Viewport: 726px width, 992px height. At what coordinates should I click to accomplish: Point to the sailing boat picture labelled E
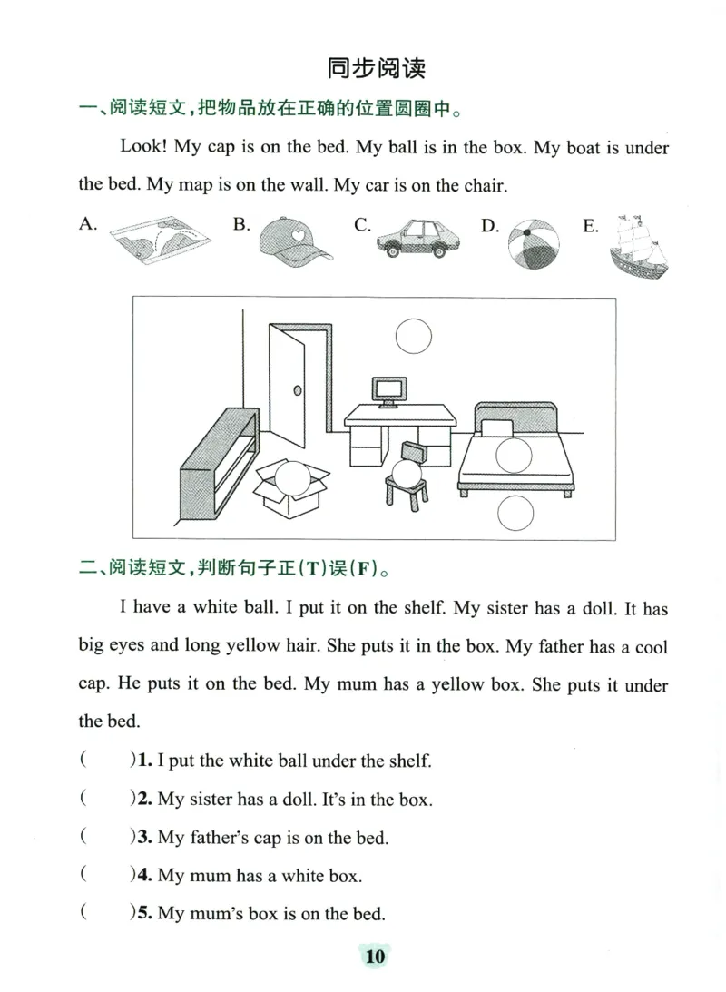click(x=641, y=246)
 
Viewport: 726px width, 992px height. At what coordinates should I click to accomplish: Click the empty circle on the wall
click(x=414, y=337)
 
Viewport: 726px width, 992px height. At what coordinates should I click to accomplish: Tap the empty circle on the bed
click(x=514, y=454)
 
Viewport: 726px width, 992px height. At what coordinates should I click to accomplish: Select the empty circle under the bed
click(x=515, y=515)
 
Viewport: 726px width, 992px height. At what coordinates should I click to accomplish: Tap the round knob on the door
click(x=297, y=390)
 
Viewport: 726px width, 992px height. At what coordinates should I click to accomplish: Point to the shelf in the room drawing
click(x=214, y=465)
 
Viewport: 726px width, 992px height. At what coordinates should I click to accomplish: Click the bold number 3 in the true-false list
click(x=142, y=838)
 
